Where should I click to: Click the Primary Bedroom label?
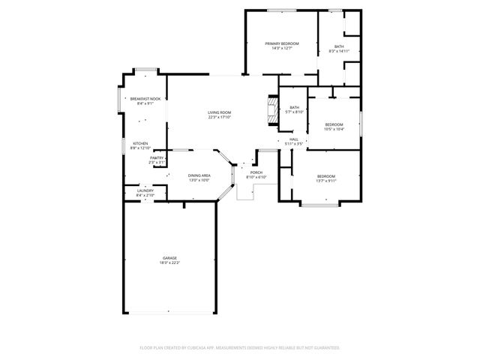(x=281, y=43)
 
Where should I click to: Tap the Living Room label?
(x=219, y=112)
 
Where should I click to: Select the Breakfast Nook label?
(x=145, y=99)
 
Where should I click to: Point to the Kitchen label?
(x=140, y=143)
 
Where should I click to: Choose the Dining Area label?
(x=199, y=175)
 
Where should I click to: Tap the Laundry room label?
(x=145, y=190)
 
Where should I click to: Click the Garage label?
(x=169, y=258)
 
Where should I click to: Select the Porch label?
(x=256, y=172)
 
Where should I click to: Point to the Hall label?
(x=294, y=139)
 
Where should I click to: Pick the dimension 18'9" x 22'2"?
(x=169, y=262)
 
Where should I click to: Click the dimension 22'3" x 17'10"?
(x=219, y=117)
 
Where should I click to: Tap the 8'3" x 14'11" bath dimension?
(x=339, y=51)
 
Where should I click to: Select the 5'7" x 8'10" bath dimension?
(x=294, y=112)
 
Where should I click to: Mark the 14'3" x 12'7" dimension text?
(x=281, y=48)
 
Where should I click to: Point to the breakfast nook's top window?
(x=145, y=70)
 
